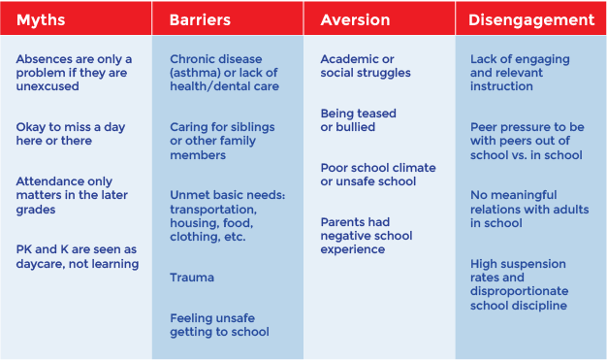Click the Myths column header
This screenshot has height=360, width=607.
[41, 19]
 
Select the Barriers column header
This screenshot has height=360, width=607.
[200, 19]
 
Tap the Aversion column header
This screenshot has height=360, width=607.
[355, 19]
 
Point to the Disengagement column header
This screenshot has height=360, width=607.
[531, 19]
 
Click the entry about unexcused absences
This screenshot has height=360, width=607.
[74, 73]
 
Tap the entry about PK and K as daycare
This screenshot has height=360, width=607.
[78, 256]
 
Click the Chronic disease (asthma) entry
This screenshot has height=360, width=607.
[224, 73]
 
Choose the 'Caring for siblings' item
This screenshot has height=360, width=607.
[222, 141]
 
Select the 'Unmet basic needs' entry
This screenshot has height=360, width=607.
[227, 215]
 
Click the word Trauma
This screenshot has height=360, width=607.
[192, 278]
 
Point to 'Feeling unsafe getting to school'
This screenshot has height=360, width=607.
[219, 324]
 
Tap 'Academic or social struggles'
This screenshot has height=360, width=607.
[366, 66]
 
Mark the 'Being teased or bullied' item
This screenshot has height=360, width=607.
[358, 120]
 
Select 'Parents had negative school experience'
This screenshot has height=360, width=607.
[366, 236]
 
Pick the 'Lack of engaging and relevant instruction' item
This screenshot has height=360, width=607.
[520, 73]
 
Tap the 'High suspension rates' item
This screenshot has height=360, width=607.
[519, 284]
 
